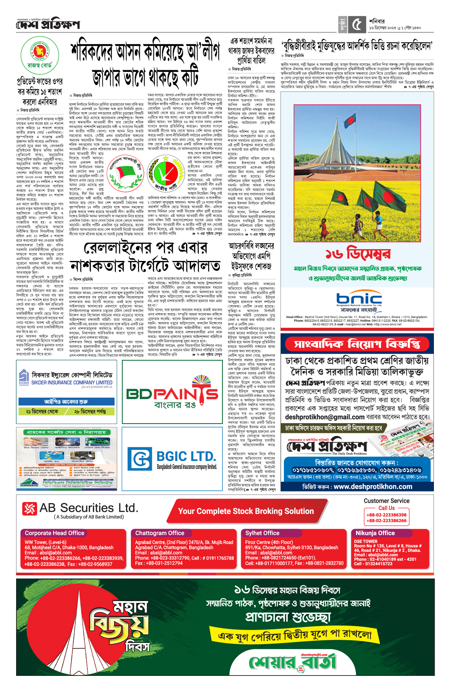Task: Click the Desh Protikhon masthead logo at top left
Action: pyautogui.click(x=48, y=25)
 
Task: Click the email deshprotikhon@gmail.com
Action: pyautogui.click(x=325, y=417)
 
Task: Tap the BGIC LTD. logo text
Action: pyautogui.click(x=186, y=456)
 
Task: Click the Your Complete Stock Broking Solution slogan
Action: pyautogui.click(x=246, y=511)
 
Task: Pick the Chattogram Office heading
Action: pyautogui.click(x=160, y=533)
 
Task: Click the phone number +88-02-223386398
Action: pyautogui.click(x=386, y=515)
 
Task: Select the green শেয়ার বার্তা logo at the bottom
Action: pyautogui.click(x=292, y=662)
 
